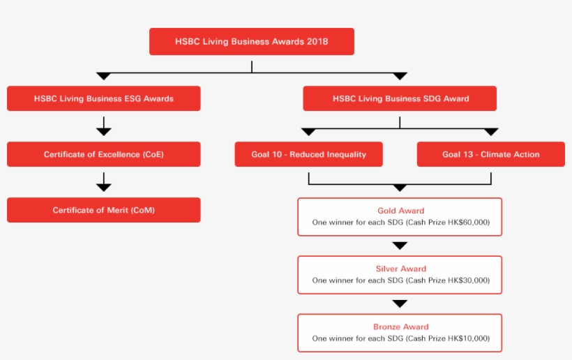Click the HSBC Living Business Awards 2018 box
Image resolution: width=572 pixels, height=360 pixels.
[251, 41]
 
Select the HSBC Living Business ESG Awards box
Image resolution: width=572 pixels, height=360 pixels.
[103, 98]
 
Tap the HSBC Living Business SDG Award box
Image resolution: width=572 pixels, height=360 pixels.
[400, 98]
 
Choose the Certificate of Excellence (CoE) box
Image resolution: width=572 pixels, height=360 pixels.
[103, 154]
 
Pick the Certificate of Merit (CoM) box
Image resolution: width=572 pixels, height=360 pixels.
[103, 210]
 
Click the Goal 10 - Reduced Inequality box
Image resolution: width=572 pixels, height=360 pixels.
[308, 154]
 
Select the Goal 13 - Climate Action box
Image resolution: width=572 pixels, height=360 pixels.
[490, 154]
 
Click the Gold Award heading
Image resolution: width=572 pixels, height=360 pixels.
[400, 211]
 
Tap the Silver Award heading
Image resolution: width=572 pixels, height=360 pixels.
[400, 269]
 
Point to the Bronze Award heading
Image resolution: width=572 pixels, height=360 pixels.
[400, 327]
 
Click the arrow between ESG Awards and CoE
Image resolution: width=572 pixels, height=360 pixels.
[103, 127]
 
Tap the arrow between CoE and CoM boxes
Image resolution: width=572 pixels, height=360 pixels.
[103, 183]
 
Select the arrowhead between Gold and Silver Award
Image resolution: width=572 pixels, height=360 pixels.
[400, 246]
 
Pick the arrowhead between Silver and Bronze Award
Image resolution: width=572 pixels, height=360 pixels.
[400, 303]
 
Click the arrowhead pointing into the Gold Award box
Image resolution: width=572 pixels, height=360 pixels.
[400, 188]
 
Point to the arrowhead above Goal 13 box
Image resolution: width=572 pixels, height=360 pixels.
[491, 132]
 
